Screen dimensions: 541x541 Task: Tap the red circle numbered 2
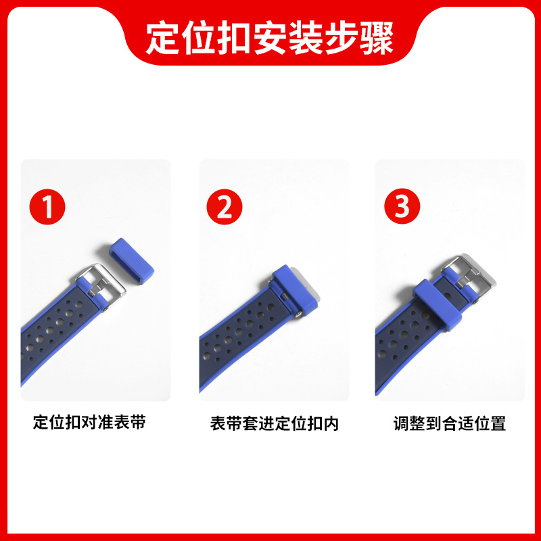tap(225, 206)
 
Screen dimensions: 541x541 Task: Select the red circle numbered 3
tap(402, 206)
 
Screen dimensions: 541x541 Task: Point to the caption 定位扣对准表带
tap(89, 423)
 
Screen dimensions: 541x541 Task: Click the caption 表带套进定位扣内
tap(274, 424)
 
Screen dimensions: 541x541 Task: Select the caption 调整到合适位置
tap(450, 424)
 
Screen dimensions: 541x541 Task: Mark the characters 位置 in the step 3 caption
tap(492, 424)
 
